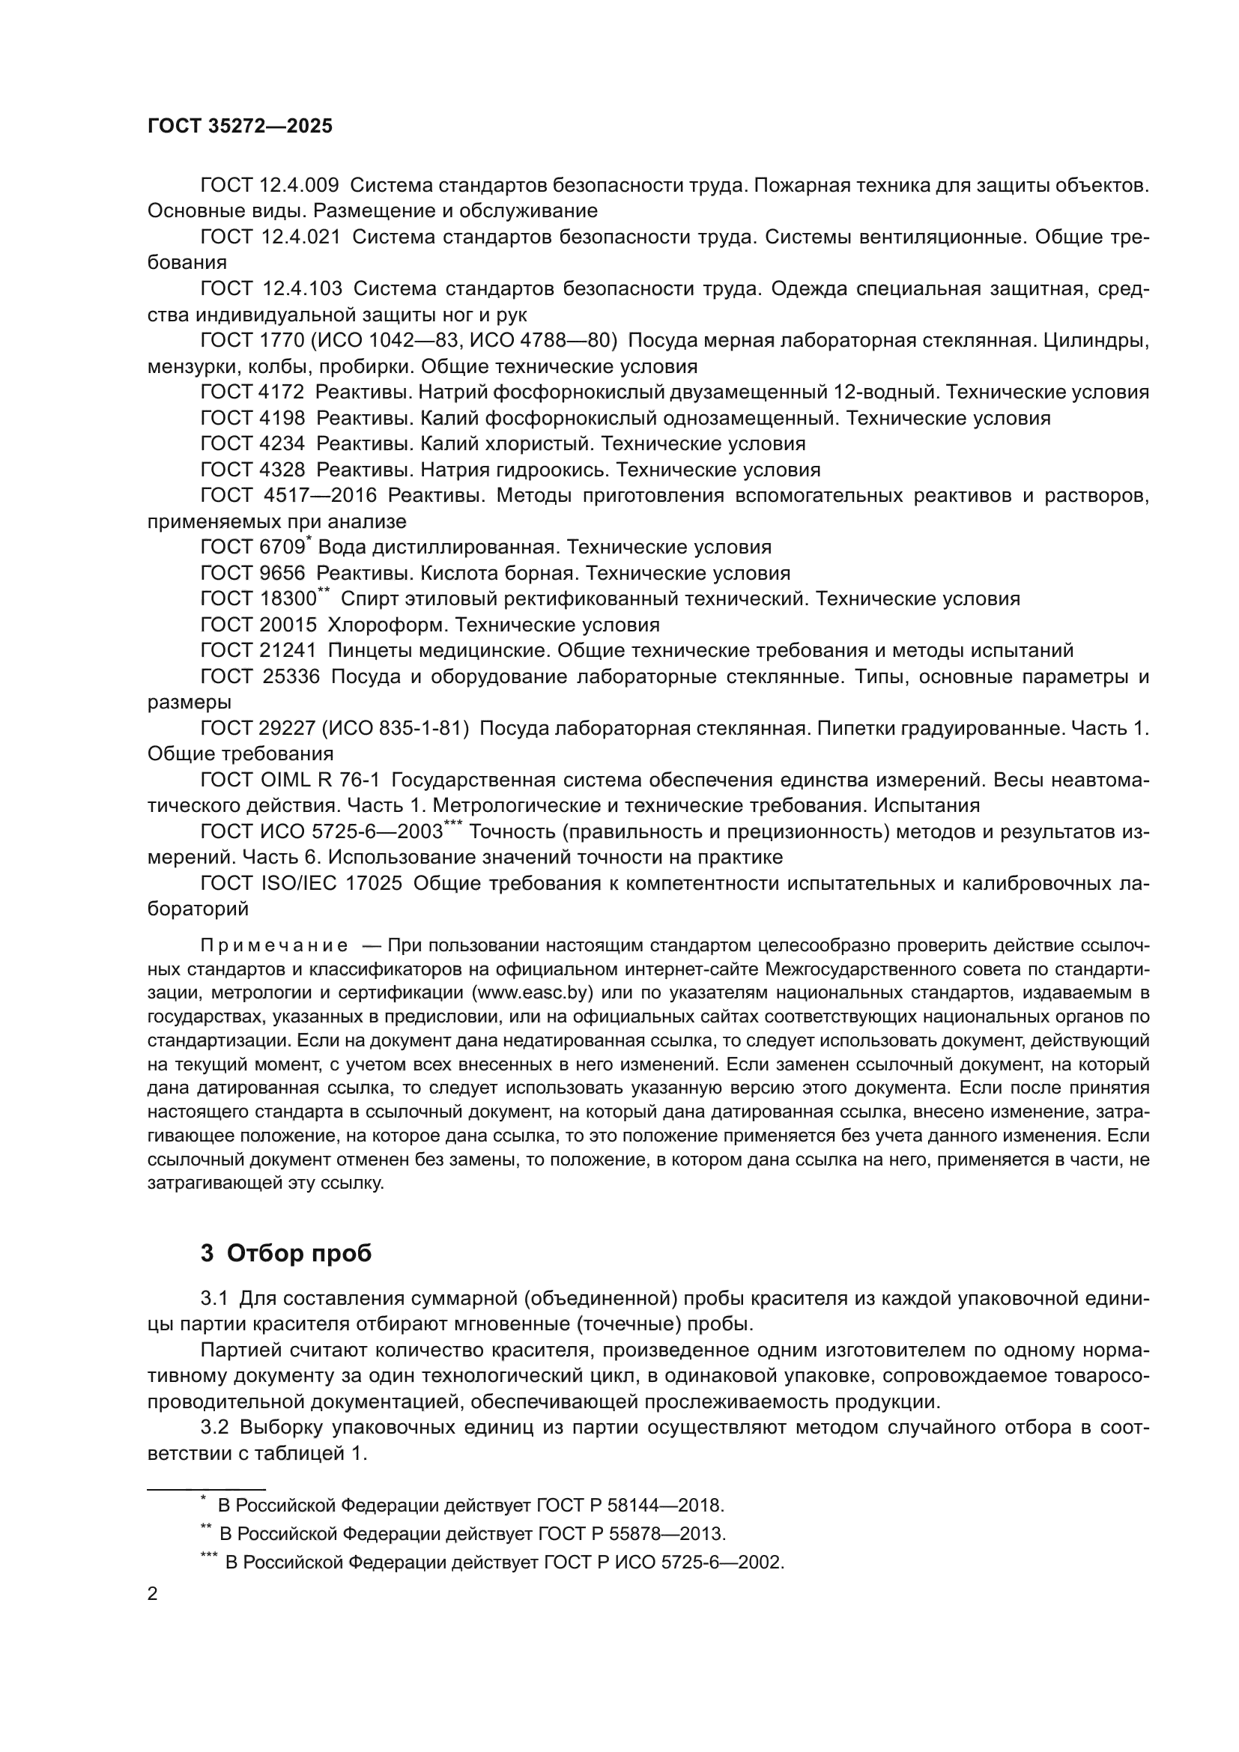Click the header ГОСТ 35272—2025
(240, 127)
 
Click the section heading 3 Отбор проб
(286, 1253)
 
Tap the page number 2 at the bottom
(153, 1594)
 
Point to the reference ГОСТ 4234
(252, 443)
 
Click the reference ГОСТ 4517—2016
(288, 495)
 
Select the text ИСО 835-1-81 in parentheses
(396, 729)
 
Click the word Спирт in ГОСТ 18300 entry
(365, 599)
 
